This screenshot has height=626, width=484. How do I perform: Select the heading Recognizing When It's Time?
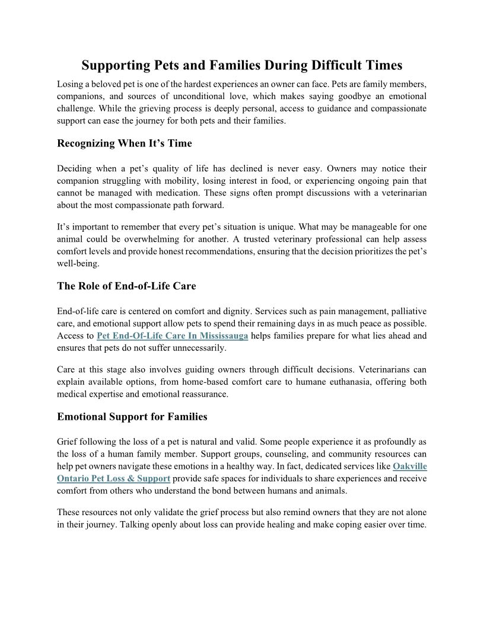pos(125,143)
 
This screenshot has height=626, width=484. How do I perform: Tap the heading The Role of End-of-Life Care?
pos(126,286)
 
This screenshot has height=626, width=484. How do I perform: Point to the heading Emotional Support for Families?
pos(132,417)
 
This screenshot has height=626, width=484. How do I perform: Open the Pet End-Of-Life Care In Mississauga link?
pos(173,336)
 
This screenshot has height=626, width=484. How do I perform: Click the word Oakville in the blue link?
pos(410,467)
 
